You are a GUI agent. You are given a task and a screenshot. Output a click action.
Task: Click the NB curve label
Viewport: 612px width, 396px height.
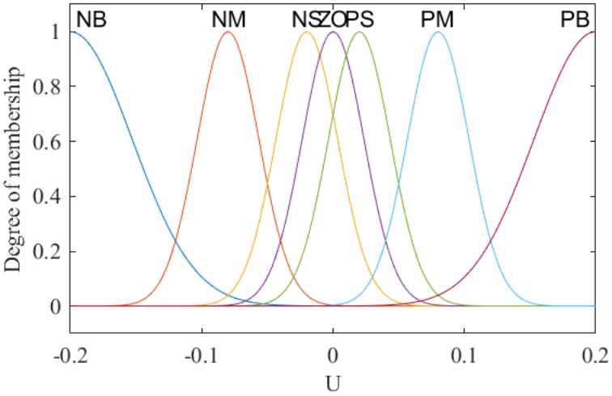click(91, 19)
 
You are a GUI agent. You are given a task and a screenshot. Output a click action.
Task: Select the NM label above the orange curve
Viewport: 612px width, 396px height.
click(228, 19)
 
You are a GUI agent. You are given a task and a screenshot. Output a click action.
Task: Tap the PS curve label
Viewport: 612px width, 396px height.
click(359, 19)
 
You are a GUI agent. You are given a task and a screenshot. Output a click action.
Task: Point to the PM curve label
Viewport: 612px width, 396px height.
click(437, 19)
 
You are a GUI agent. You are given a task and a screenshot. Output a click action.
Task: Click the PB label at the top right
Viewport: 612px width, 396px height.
click(575, 19)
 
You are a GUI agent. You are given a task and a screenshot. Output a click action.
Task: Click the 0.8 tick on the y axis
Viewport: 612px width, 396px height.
click(48, 87)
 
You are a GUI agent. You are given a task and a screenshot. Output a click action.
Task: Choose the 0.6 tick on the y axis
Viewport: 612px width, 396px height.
click(48, 142)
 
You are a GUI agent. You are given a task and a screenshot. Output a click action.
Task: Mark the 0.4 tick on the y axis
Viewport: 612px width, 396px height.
click(48, 197)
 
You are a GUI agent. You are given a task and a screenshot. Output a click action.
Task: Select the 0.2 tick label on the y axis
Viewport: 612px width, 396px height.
click(48, 252)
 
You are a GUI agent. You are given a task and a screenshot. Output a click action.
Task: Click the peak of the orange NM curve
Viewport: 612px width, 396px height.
click(227, 32)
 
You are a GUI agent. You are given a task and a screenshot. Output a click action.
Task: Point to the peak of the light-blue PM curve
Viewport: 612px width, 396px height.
click(438, 32)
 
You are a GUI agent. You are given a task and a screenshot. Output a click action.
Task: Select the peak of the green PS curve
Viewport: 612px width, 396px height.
click(359, 32)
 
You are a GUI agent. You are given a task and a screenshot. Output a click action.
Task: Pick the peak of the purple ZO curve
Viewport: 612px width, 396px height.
click(333, 32)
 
